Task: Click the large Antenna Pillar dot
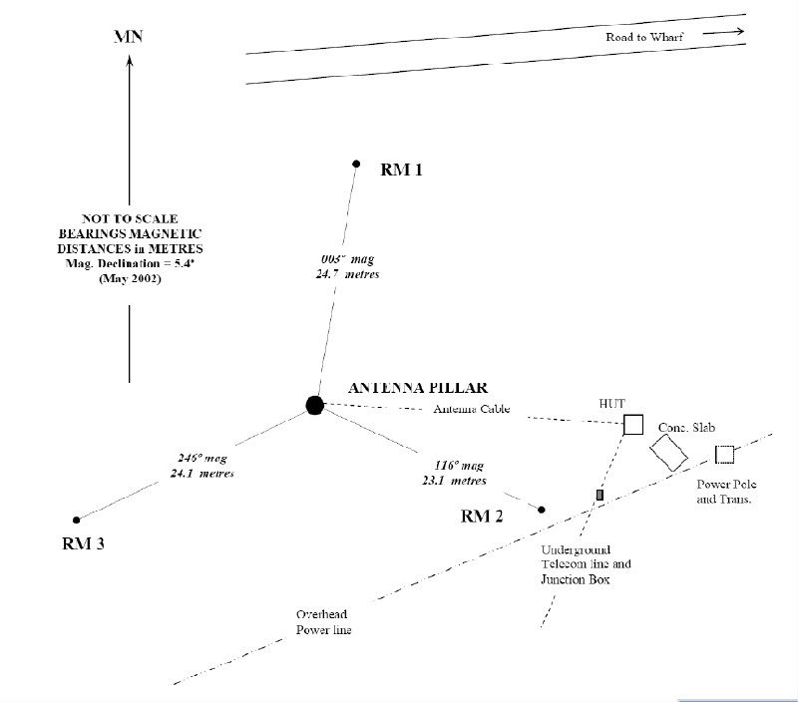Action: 314,404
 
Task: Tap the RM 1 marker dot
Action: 355,164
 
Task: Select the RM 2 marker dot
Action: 542,510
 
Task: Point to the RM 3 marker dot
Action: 76,520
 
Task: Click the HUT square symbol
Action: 632,426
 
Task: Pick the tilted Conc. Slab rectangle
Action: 668,452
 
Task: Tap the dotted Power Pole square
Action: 725,455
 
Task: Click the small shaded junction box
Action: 599,495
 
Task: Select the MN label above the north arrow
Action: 129,39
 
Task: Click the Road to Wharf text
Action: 645,37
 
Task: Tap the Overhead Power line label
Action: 323,622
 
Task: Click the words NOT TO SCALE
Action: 129,217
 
